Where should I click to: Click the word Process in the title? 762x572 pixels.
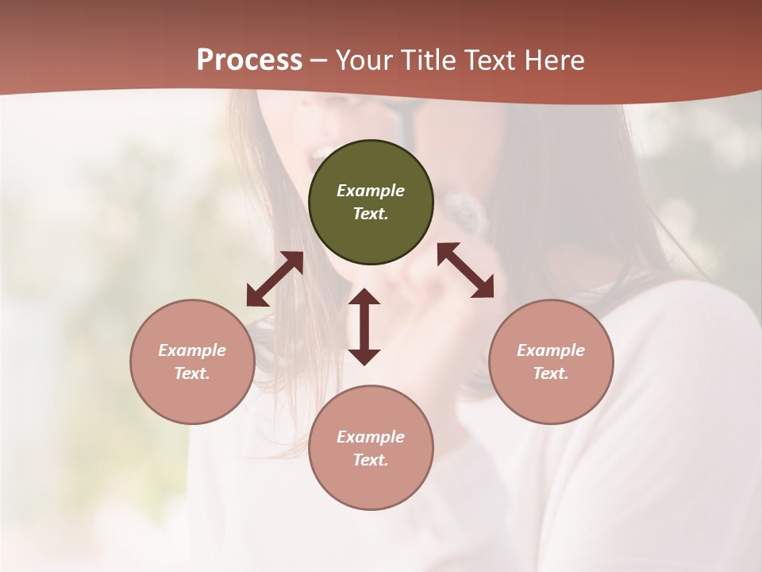point(249,60)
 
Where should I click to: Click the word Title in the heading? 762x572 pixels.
point(428,60)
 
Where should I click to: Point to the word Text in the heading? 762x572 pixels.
point(488,60)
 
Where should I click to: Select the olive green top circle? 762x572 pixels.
point(371,238)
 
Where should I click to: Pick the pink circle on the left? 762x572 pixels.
point(192,397)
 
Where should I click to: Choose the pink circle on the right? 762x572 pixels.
point(551,397)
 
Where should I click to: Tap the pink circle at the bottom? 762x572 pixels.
point(371,484)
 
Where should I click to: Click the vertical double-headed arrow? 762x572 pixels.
point(364,327)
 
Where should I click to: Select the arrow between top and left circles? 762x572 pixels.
point(275,279)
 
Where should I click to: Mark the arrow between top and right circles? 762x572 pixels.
point(465,270)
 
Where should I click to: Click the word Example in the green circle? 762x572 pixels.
point(371,191)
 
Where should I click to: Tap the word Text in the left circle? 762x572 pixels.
point(192,373)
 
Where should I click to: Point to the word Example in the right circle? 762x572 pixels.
point(551,350)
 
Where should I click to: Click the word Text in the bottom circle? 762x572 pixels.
point(371,460)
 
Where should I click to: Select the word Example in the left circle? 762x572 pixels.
point(192,350)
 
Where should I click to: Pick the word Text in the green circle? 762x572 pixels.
point(371,214)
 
